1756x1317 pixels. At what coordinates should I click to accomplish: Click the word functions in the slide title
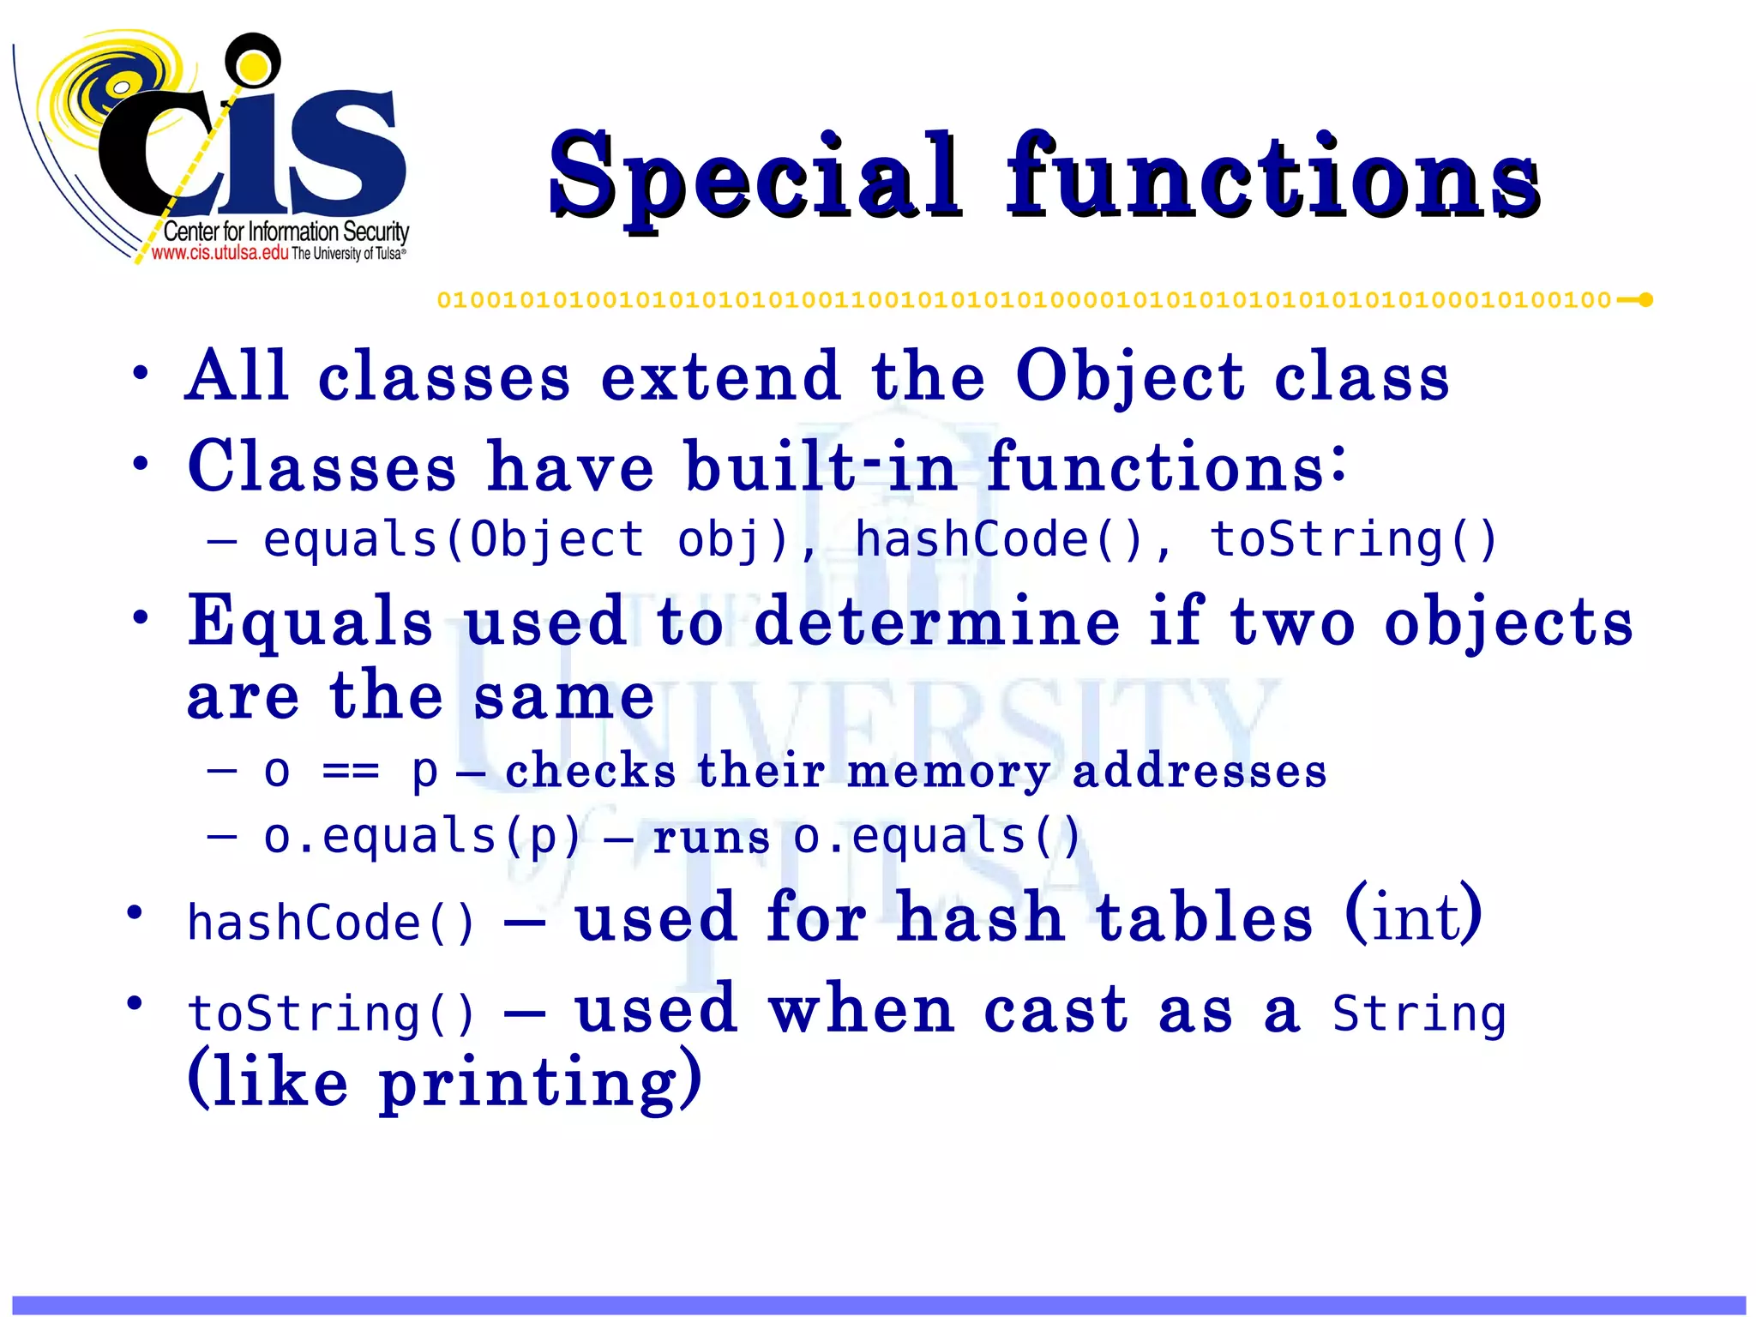(x=1272, y=176)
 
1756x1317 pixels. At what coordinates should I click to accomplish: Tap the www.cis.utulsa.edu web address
(x=219, y=253)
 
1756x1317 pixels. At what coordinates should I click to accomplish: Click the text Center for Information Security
(x=286, y=232)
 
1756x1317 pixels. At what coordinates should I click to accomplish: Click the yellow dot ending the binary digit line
(x=1645, y=300)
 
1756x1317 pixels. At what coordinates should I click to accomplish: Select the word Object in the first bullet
(x=1129, y=377)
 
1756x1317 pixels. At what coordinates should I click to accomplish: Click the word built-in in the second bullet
(x=821, y=467)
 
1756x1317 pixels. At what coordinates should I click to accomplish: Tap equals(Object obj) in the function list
(x=525, y=540)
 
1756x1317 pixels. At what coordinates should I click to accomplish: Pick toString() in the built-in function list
(x=1352, y=540)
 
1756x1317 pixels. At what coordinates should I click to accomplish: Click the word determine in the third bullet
(x=936, y=622)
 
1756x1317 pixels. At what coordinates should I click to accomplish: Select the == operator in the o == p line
(x=350, y=772)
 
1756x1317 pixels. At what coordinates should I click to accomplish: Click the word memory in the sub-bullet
(x=947, y=772)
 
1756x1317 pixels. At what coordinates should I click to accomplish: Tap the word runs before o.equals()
(x=711, y=839)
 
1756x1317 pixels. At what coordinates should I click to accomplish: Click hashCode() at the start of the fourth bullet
(x=330, y=923)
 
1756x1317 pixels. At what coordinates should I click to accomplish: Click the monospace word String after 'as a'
(x=1418, y=1014)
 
